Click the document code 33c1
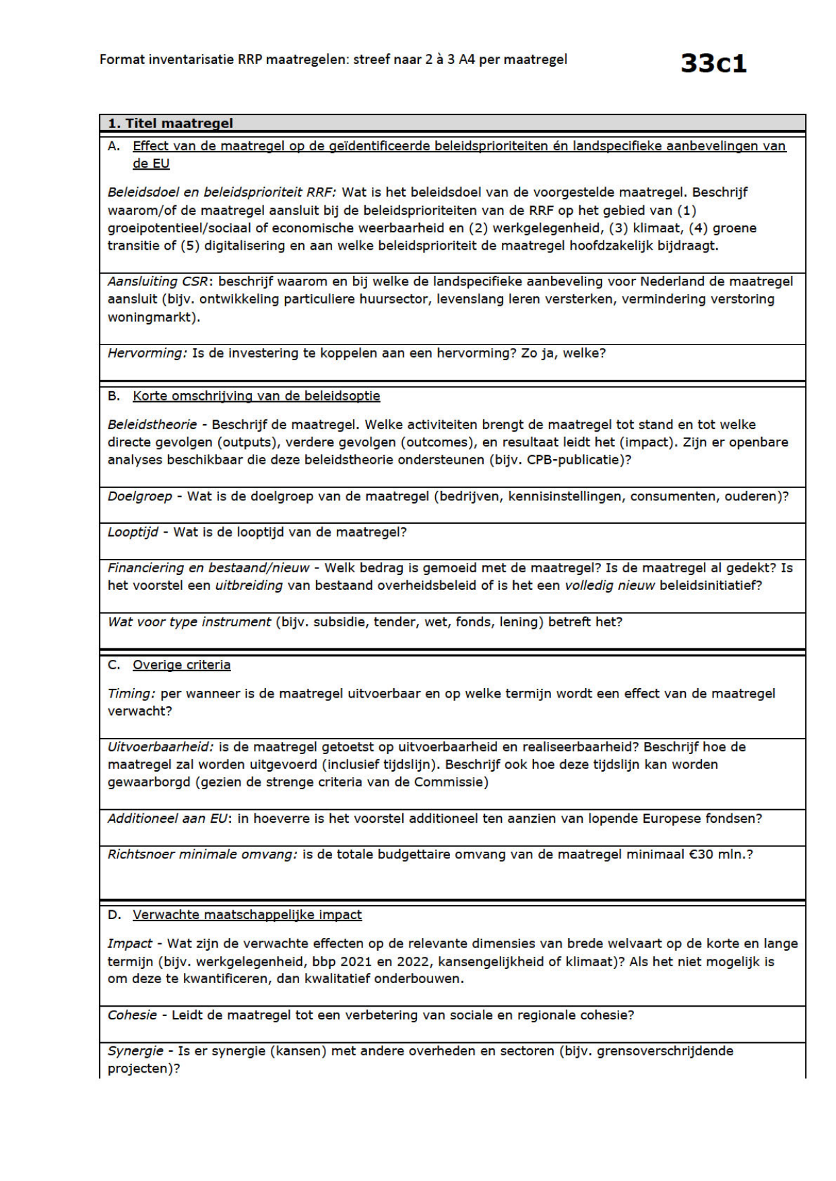tap(713, 63)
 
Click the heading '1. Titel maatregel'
tap(170, 123)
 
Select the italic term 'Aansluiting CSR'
tap(160, 281)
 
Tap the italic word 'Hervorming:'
tap(147, 353)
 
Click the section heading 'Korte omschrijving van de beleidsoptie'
tap(256, 396)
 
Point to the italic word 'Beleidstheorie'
tap(152, 425)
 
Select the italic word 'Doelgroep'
tap(140, 496)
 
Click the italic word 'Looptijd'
tap(133, 532)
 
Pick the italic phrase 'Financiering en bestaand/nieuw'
tap(208, 568)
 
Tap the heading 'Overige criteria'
tap(181, 665)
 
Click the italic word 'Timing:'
tap(131, 694)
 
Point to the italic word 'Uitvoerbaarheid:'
tap(160, 747)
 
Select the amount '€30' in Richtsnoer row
tap(700, 854)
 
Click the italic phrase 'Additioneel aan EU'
tap(168, 819)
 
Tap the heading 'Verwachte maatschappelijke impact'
tap(247, 914)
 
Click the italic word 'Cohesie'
tap(132, 1015)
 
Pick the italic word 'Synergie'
tap(135, 1050)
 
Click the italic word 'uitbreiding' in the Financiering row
tap(249, 585)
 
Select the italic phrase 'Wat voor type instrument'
tap(189, 621)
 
